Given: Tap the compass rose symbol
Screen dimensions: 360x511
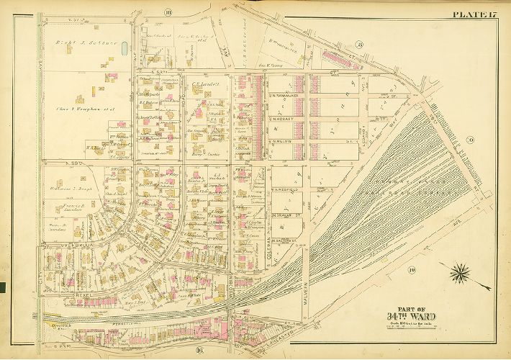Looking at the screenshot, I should (460, 274).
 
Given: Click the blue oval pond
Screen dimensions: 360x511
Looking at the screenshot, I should (126, 50).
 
